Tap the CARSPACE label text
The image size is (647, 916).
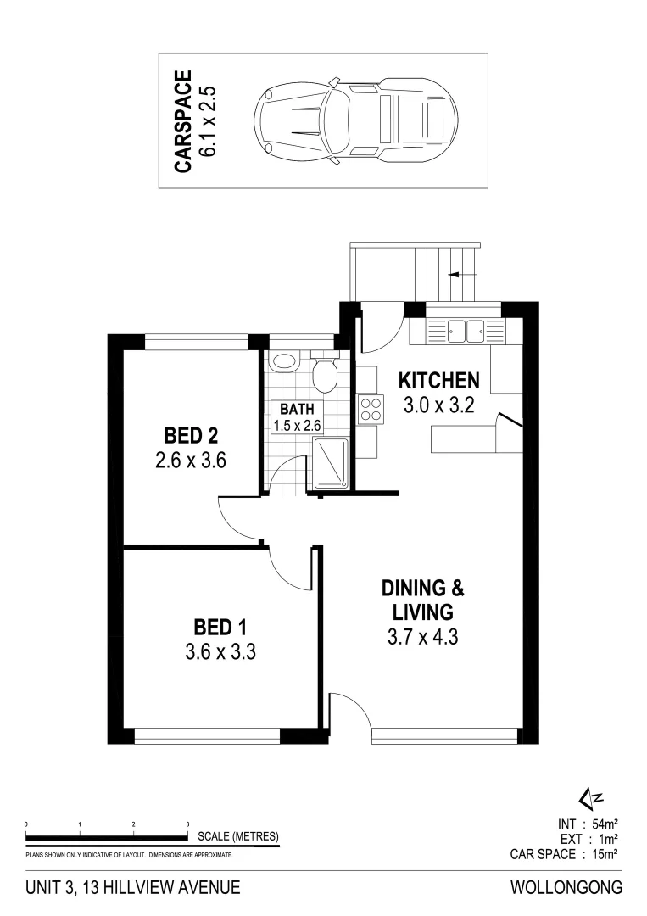point(183,121)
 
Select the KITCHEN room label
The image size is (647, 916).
point(440,380)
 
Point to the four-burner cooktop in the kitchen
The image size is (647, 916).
point(371,410)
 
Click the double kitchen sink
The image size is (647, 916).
point(465,330)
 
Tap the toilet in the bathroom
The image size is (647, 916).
point(323,375)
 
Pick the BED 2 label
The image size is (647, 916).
point(191,436)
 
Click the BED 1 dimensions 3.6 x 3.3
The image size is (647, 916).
point(220,653)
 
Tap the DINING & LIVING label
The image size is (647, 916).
point(422,599)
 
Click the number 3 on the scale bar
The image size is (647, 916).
point(187,824)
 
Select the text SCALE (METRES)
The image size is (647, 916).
point(237,836)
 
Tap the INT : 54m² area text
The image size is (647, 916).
point(587,824)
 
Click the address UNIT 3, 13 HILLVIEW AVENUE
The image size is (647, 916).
point(133,888)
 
